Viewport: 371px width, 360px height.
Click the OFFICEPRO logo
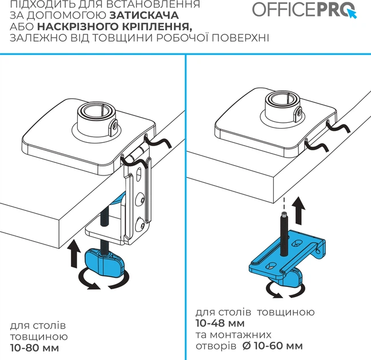(x=305, y=10)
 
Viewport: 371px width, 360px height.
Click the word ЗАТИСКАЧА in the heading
(x=144, y=15)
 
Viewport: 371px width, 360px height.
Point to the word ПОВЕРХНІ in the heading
(x=240, y=38)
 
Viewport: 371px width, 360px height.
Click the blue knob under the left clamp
(x=104, y=262)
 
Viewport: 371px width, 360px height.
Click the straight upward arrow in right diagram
(x=299, y=210)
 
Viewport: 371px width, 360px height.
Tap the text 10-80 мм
(x=34, y=348)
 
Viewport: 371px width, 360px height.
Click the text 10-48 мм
(x=220, y=323)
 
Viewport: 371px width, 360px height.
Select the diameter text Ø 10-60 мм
(x=273, y=346)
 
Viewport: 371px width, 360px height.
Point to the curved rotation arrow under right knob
(x=286, y=289)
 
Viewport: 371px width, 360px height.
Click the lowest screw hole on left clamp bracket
(x=139, y=224)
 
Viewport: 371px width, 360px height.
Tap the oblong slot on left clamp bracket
(x=139, y=174)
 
